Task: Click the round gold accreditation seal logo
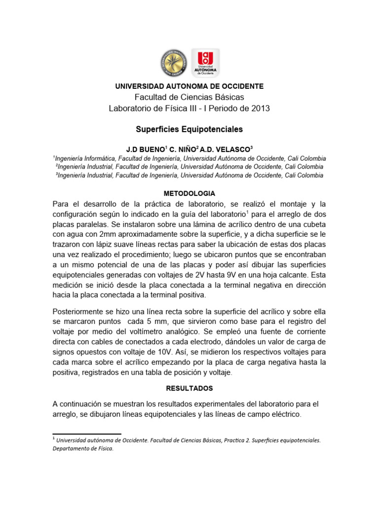click(174, 64)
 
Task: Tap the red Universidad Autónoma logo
click(205, 63)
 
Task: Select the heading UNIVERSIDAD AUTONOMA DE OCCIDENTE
click(189, 86)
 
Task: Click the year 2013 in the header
click(260, 108)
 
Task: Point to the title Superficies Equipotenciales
click(189, 129)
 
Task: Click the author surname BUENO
click(151, 149)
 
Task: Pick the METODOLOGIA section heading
click(189, 193)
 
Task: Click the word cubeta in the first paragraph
click(313, 224)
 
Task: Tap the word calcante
click(291, 276)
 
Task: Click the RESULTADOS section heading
click(189, 388)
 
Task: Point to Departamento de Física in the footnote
click(83, 448)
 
